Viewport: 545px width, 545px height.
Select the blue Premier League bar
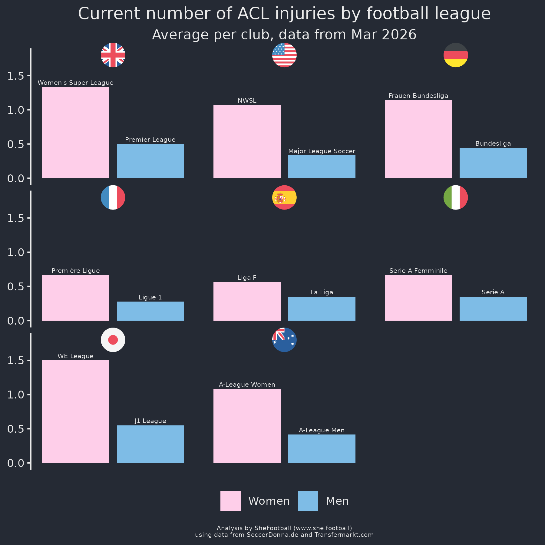coord(150,161)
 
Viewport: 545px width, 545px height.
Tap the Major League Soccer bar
coord(322,167)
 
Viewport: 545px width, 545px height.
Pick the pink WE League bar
coord(75,411)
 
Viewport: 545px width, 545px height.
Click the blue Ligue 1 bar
coord(150,311)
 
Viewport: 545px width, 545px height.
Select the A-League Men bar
coord(322,449)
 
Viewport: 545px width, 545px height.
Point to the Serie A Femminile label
coord(418,271)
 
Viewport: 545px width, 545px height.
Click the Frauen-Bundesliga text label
coord(418,96)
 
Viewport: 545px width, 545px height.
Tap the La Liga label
coord(322,292)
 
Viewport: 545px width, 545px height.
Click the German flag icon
coord(456,55)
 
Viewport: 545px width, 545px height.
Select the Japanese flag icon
coord(113,340)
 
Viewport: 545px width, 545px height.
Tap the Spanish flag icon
coord(284,197)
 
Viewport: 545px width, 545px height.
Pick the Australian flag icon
coord(284,340)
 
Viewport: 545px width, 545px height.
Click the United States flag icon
coord(284,55)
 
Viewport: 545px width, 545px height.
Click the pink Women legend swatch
coord(230,501)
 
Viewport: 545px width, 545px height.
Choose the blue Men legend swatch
coord(308,501)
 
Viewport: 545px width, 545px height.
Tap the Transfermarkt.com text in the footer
coord(344,535)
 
